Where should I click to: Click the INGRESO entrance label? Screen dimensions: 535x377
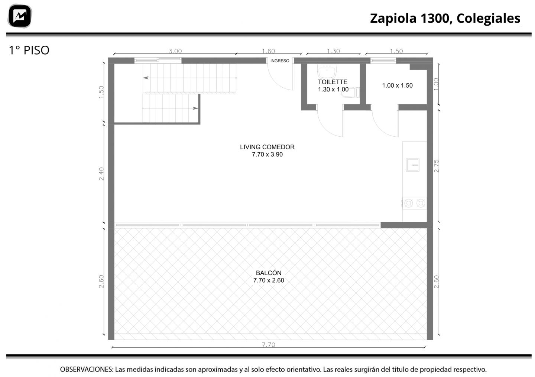pyautogui.click(x=280, y=61)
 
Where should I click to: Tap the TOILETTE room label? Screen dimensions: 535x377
pyautogui.click(x=333, y=82)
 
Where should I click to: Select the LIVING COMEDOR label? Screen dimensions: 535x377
pyautogui.click(x=267, y=147)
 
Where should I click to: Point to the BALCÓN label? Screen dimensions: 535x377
pyautogui.click(x=269, y=273)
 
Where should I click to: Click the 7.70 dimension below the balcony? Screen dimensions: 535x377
pyautogui.click(x=269, y=345)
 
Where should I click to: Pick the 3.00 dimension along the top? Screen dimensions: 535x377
pyautogui.click(x=175, y=51)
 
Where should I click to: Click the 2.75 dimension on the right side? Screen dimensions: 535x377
pyautogui.click(x=436, y=166)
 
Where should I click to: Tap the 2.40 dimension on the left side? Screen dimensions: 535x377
pyautogui.click(x=101, y=174)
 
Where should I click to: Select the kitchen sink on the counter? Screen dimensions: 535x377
pyautogui.click(x=412, y=165)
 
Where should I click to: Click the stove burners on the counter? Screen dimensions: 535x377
pyautogui.click(x=414, y=203)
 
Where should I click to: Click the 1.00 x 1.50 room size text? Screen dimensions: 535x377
pyautogui.click(x=397, y=85)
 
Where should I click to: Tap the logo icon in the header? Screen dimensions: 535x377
pyautogui.click(x=20, y=16)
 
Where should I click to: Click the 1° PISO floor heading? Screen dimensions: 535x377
pyautogui.click(x=29, y=50)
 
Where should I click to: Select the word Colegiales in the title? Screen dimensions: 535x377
pyautogui.click(x=489, y=18)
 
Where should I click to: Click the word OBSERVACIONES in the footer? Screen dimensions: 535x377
pyautogui.click(x=87, y=369)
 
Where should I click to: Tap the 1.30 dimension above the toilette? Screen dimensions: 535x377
pyautogui.click(x=333, y=51)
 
